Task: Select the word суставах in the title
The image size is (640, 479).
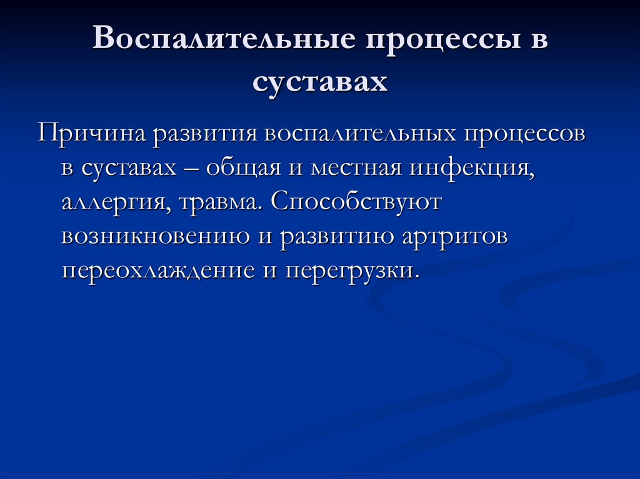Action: coord(320,82)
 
